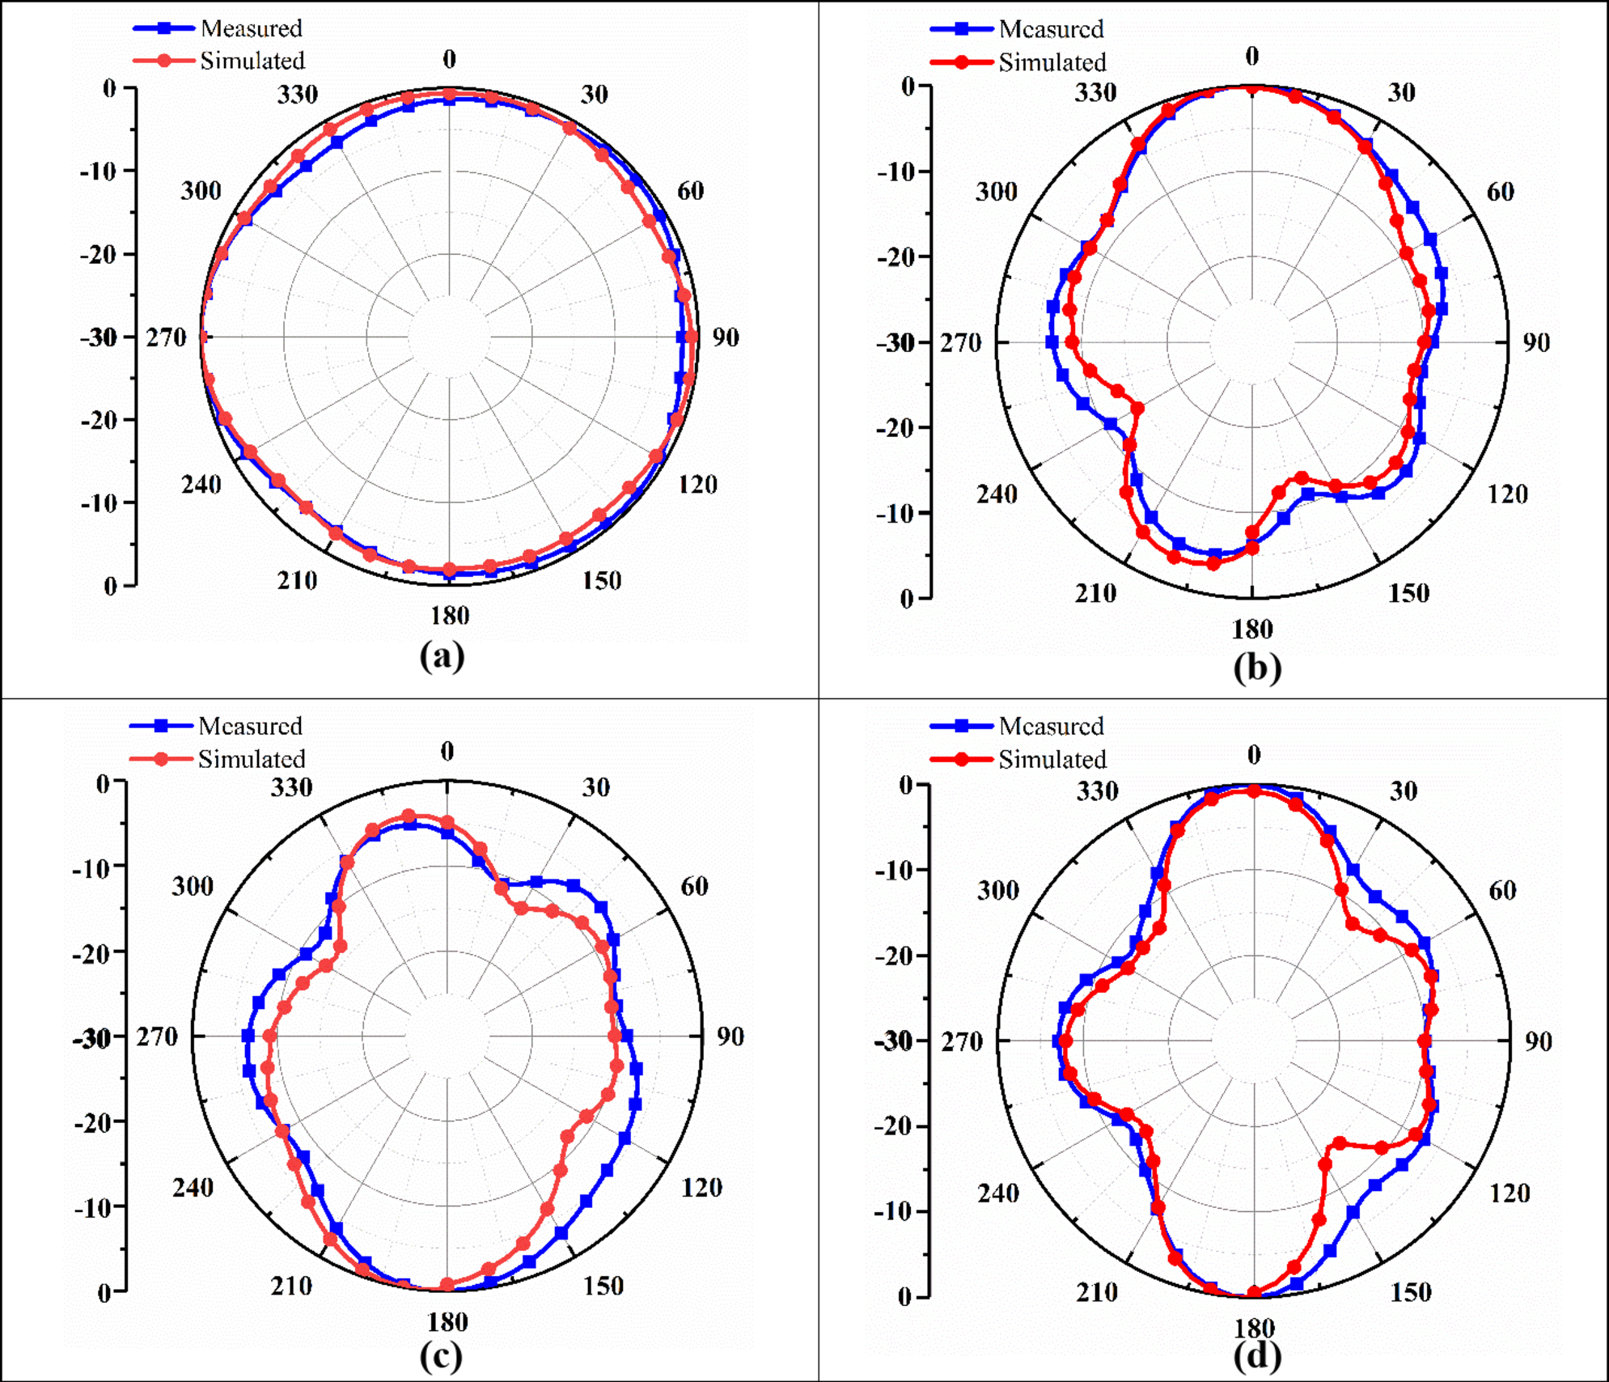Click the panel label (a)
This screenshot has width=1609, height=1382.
click(442, 655)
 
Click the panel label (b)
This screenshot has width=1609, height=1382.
click(1257, 668)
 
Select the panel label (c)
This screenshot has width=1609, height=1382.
click(441, 1355)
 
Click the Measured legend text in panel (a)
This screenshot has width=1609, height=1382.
click(252, 28)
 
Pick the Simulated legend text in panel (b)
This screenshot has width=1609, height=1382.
click(1052, 62)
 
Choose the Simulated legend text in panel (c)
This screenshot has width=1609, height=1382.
click(252, 759)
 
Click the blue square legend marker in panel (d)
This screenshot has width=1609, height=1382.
click(962, 726)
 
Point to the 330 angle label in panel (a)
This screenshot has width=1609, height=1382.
click(298, 95)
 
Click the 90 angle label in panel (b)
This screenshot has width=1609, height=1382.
click(1536, 342)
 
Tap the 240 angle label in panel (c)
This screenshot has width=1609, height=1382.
click(193, 1187)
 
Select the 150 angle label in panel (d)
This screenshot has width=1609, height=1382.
click(1411, 1292)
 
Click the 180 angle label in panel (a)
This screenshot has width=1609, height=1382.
click(450, 616)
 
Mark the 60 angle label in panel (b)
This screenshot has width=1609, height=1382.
click(1500, 192)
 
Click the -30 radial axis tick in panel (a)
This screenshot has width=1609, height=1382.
click(100, 337)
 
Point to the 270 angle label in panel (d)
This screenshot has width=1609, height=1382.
click(961, 1041)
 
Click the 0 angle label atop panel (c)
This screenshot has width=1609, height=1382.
click(447, 752)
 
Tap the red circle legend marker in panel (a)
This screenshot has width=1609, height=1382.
click(164, 61)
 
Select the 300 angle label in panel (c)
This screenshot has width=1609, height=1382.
click(193, 886)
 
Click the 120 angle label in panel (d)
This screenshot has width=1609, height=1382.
click(1509, 1193)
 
